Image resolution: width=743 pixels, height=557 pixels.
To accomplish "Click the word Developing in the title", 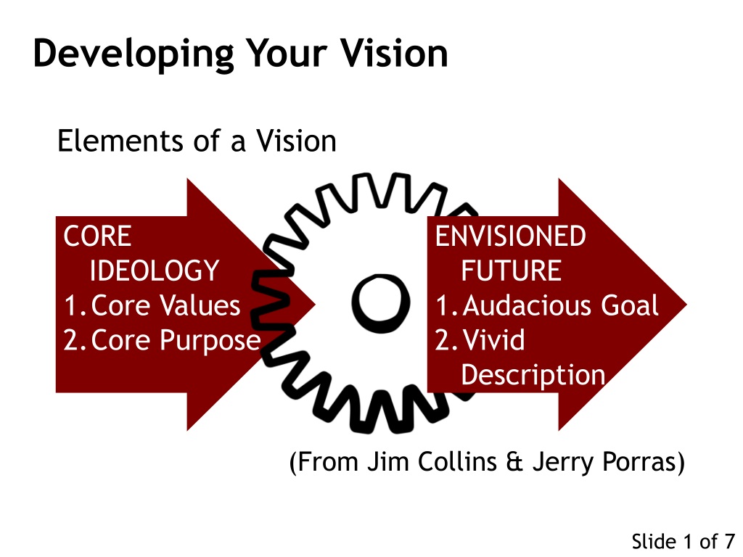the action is (134, 54).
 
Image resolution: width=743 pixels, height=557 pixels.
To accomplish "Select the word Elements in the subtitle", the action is (120, 141).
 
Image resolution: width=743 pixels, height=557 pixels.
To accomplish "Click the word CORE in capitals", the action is (97, 236).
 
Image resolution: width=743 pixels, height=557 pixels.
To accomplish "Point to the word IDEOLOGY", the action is (155, 271).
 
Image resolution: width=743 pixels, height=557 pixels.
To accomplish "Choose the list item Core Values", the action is (165, 305).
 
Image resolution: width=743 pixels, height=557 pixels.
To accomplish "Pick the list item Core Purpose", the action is (176, 341).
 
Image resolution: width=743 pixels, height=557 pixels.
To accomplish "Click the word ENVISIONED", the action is (510, 236).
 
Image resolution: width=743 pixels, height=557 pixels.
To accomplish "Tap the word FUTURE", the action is (512, 271).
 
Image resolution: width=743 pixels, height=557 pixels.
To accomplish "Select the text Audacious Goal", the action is (561, 305).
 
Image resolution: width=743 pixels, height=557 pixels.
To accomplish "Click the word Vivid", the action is (493, 339).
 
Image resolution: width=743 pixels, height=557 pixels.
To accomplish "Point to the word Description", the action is (533, 375).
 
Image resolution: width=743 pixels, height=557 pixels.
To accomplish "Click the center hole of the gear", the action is (381, 303).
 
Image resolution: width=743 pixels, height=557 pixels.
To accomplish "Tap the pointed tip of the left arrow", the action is (315, 305).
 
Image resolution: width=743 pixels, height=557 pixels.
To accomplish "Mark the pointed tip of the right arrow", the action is (686, 305).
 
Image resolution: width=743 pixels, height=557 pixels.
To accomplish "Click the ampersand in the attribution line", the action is (514, 462).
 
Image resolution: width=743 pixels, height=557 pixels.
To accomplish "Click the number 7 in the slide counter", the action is (728, 541).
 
